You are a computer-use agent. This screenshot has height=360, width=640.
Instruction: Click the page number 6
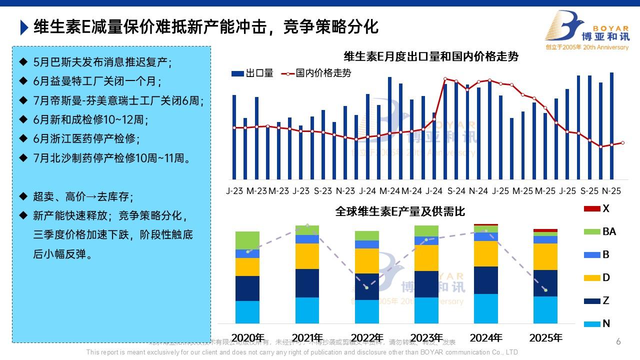point(618,342)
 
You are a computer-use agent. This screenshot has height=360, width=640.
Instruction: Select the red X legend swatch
point(592,208)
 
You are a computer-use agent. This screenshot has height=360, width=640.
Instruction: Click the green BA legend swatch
point(592,231)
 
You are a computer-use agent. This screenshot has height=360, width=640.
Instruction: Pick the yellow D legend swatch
point(592,277)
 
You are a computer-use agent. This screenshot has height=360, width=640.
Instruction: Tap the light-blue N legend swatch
point(592,323)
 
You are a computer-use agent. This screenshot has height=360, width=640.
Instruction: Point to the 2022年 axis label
point(367,337)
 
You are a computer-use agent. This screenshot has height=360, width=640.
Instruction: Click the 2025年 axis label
point(545,337)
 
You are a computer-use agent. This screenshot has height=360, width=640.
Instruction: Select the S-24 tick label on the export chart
point(456,191)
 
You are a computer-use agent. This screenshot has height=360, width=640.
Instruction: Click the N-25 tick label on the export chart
point(611,191)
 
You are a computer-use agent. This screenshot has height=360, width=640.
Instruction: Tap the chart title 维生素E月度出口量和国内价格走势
point(431,56)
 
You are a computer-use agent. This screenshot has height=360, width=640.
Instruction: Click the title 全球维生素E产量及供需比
point(400,211)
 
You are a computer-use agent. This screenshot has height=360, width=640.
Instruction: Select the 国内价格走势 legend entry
point(317,73)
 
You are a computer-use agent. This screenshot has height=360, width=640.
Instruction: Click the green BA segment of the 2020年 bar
point(247,240)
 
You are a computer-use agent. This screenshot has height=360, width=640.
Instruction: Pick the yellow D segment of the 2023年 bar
point(426,258)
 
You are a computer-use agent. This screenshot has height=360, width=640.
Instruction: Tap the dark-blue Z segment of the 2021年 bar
point(307,283)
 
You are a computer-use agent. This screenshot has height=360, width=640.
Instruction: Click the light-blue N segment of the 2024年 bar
point(486,308)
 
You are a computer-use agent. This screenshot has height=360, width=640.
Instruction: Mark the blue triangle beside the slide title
point(24,27)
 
